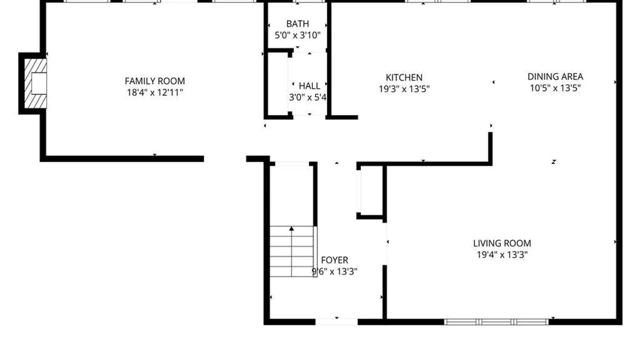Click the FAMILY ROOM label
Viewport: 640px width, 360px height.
[155, 81]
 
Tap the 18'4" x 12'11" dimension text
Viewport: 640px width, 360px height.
[155, 92]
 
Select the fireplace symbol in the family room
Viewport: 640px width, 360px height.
[35, 83]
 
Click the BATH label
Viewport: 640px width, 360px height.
[297, 24]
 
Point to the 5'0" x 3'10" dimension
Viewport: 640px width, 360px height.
[297, 35]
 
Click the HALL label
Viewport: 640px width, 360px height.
[309, 86]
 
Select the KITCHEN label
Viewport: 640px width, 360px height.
[404, 77]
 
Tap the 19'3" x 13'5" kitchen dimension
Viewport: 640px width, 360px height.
[404, 89]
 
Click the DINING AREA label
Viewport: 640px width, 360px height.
[555, 77]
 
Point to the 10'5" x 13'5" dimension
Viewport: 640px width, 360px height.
[555, 88]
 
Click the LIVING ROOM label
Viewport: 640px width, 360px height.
[502, 243]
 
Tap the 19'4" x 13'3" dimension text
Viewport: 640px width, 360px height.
[502, 255]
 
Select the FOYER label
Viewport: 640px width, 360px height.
[334, 260]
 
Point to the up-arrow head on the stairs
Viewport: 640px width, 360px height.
[292, 229]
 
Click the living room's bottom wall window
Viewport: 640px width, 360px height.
[496, 322]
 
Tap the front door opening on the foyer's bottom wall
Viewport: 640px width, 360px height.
[336, 322]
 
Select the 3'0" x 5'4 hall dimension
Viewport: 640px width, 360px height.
[307, 97]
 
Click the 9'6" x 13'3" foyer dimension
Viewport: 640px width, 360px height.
[334, 271]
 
